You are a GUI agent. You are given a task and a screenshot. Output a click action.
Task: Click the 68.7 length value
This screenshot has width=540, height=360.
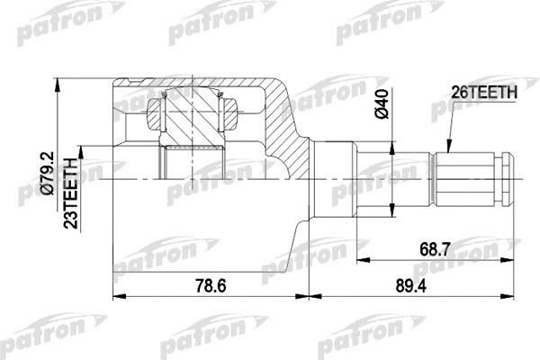(436, 247)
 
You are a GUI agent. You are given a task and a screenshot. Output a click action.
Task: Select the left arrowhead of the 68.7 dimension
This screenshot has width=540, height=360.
(361, 259)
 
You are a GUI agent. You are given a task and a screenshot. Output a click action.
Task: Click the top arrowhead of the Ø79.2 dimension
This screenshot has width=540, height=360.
(58, 84)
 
